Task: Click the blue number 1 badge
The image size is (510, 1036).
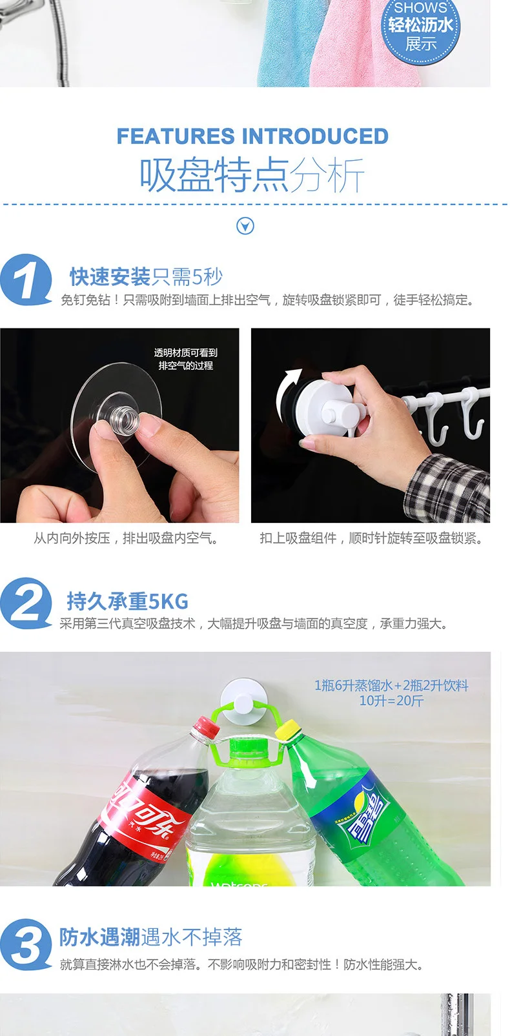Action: click(x=25, y=279)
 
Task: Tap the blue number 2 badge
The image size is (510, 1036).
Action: click(x=25, y=603)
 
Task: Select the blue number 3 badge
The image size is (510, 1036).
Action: click(x=25, y=944)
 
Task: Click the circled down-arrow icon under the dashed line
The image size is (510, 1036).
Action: click(x=245, y=226)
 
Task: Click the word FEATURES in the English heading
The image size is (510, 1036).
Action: click(x=176, y=136)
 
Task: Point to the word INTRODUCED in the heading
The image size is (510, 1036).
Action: click(x=315, y=136)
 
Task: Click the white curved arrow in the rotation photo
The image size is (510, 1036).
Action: click(x=287, y=393)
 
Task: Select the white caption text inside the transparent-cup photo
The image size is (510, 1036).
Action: click(x=185, y=359)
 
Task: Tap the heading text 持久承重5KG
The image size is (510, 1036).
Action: click(x=128, y=601)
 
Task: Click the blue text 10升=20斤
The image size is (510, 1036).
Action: click(x=391, y=701)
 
